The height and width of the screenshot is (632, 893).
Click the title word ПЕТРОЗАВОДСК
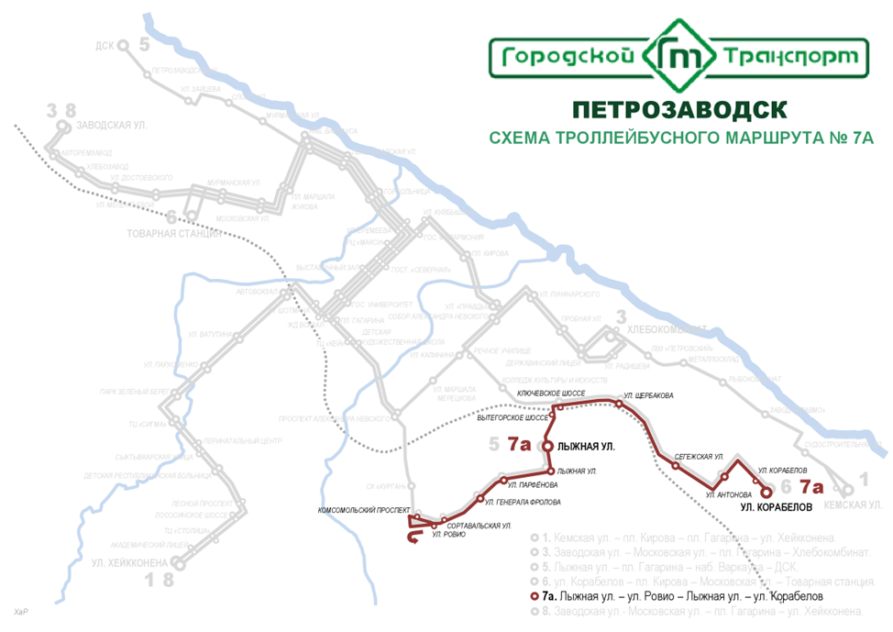678,109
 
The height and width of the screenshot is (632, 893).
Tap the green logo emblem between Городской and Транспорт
679,58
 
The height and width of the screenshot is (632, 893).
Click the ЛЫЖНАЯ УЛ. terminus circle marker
547,446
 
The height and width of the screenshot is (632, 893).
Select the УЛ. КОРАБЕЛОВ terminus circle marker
766,492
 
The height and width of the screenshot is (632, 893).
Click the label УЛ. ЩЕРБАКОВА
647,396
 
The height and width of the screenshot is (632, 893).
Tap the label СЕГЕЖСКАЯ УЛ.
700,456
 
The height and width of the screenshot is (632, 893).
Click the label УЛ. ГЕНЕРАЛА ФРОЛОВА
523,502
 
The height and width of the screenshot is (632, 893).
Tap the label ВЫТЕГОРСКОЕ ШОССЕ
513,417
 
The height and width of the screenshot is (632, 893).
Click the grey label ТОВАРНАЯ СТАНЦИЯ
174,235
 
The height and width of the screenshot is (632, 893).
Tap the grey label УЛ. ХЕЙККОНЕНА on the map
129,562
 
